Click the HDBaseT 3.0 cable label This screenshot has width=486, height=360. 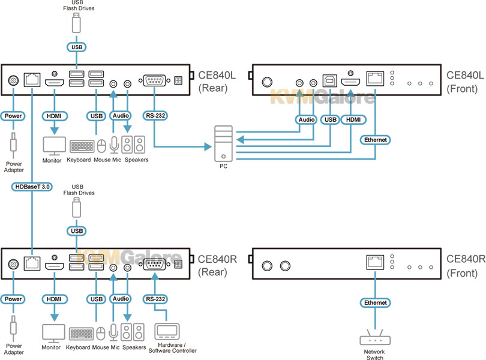32,187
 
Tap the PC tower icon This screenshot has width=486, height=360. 223,143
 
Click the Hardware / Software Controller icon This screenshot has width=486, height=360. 167,331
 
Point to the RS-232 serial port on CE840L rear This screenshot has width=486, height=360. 154,80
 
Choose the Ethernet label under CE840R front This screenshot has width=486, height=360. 376,302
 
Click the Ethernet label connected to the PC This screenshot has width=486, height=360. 376,140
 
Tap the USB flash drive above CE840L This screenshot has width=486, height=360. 76,23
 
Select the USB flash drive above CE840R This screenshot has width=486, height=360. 77,208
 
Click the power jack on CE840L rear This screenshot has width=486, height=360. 13,80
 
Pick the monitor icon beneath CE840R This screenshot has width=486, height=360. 53,334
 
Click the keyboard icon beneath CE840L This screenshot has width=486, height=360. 82,146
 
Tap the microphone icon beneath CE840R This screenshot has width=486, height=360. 113,332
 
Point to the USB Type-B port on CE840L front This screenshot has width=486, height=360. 330,80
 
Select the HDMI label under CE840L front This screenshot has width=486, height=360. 353,119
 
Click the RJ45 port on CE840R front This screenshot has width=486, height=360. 375,262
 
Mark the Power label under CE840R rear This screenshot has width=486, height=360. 13,299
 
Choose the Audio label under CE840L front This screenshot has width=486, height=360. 306,119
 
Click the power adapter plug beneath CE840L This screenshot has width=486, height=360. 13,145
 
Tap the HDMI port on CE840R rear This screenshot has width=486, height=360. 55,266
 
